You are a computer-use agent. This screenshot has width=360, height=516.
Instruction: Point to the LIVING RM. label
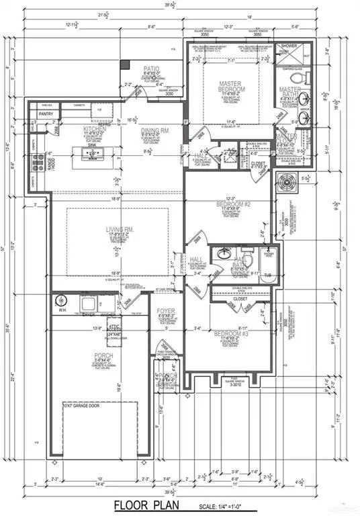pos(120,229)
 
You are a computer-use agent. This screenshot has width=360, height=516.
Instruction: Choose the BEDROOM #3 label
pos(230,333)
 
